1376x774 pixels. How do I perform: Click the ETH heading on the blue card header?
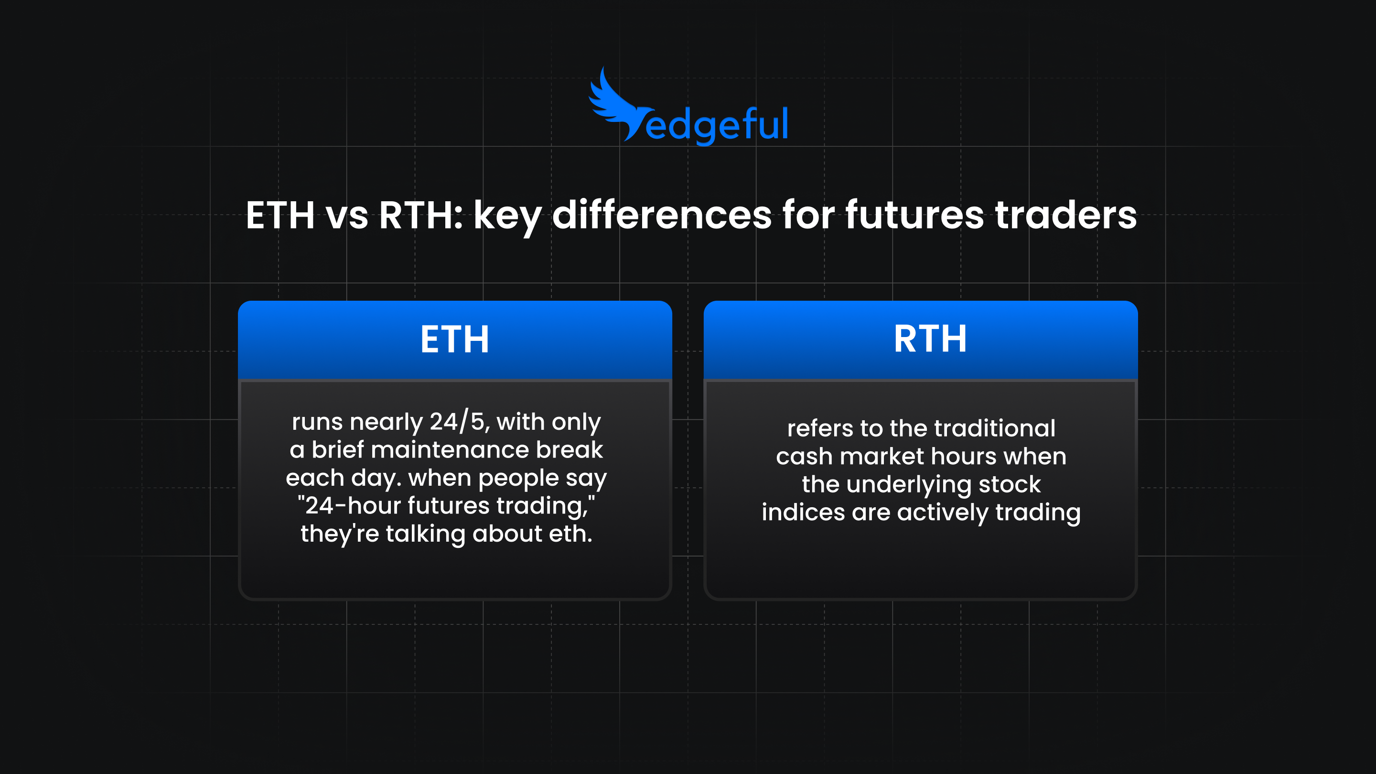(454, 339)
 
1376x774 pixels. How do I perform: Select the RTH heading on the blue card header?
(930, 339)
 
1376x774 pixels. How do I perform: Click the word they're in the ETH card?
(339, 534)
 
